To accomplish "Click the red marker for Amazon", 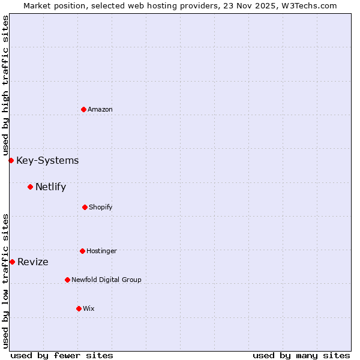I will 83,109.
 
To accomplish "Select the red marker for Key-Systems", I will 11,160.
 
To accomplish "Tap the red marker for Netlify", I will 30,187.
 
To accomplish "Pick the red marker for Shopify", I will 85,207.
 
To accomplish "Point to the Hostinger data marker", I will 82,251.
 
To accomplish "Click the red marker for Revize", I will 12,262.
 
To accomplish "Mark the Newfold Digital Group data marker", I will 67,280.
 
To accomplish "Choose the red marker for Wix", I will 79,308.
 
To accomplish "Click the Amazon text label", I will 100,109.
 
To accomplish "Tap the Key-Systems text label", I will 47,160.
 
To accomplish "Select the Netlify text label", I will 50,187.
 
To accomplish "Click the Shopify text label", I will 101,207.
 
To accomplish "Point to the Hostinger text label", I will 101,251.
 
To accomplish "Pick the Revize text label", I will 33,262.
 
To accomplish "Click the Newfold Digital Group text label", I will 106,280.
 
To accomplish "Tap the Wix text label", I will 89,308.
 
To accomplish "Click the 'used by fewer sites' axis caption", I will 62,355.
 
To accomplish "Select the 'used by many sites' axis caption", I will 301,355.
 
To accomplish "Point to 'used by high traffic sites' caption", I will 5,85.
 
